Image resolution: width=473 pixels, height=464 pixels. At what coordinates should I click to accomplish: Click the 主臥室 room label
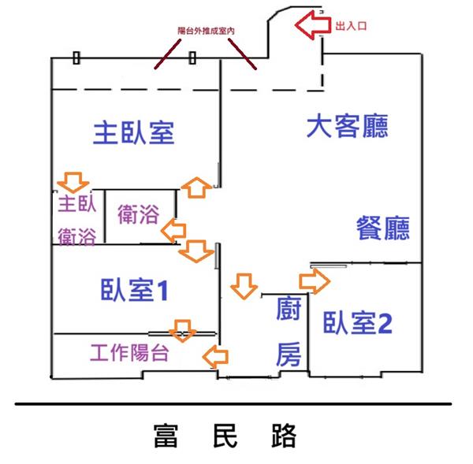click(x=133, y=132)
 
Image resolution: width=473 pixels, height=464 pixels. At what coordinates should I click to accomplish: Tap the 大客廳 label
click(x=348, y=126)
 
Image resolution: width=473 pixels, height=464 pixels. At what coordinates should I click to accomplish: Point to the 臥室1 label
click(x=135, y=291)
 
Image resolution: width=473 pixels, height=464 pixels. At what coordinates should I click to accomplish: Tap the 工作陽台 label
click(x=129, y=353)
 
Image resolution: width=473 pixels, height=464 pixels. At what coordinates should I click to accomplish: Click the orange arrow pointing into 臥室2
click(x=313, y=280)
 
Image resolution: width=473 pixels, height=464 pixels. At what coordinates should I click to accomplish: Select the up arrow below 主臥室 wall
click(x=194, y=187)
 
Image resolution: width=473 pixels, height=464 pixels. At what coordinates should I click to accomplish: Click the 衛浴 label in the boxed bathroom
click(x=138, y=213)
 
